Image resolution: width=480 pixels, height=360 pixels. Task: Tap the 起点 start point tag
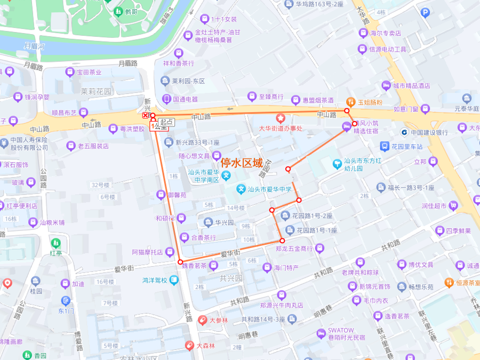167,122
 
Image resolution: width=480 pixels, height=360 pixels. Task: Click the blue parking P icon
425,13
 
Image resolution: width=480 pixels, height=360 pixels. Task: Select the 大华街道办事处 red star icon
281,118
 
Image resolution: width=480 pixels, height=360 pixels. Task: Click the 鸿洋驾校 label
155,280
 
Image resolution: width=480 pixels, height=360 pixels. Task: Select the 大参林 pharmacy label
218,320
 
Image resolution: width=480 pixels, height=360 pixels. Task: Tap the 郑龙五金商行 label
294,248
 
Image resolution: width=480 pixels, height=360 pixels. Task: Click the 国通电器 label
185,99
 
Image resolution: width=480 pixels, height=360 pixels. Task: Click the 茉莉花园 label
96,91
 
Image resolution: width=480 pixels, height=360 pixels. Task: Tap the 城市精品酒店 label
411,85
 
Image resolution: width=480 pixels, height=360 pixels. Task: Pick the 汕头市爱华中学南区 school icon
227,175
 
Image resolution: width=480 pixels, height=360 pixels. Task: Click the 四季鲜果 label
459,231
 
